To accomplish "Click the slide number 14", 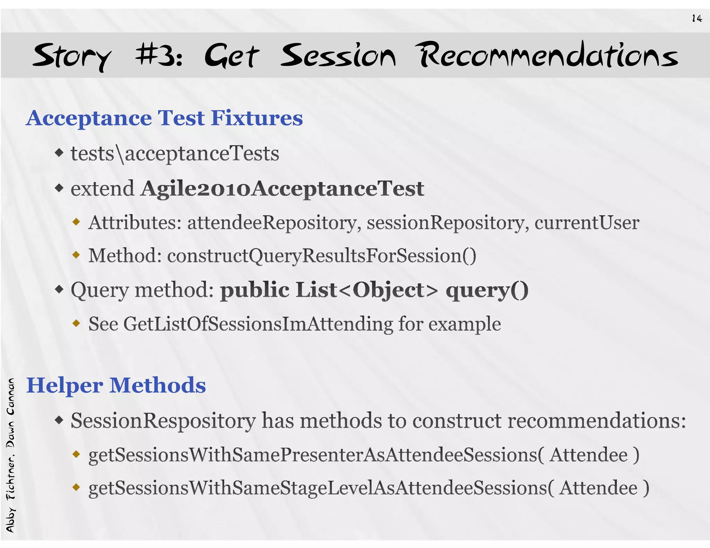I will (x=696, y=18).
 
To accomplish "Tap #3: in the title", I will (x=159, y=55).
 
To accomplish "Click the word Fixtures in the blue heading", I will (x=257, y=118).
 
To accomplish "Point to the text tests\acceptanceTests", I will (x=175, y=153).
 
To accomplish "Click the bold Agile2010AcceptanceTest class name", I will (x=283, y=189).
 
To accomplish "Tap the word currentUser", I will (x=587, y=222).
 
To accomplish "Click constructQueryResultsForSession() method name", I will (x=322, y=256).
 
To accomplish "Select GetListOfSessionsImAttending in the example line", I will (x=258, y=324).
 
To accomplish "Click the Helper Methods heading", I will (x=116, y=385).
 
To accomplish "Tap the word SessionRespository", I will (x=163, y=421).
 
